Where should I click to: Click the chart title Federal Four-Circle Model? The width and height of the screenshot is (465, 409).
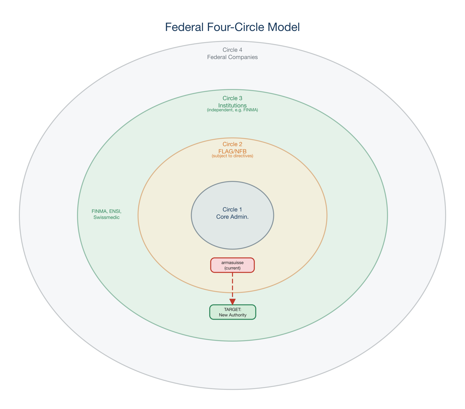pyautogui.click(x=232, y=27)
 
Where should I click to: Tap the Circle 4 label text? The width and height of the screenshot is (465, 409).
pyautogui.click(x=232, y=50)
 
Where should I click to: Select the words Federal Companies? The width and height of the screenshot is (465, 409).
pyautogui.click(x=232, y=57)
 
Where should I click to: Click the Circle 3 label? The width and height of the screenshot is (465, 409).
pyautogui.click(x=232, y=98)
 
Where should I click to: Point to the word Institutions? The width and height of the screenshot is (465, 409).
pyautogui.click(x=232, y=105)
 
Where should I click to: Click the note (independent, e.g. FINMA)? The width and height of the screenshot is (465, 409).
pyautogui.click(x=232, y=110)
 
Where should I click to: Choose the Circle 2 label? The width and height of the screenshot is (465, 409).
pyautogui.click(x=232, y=144)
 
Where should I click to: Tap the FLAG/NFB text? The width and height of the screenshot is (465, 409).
pyautogui.click(x=232, y=151)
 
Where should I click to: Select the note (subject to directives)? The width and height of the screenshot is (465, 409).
pyautogui.click(x=232, y=156)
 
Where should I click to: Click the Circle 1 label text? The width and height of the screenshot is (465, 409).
pyautogui.click(x=232, y=210)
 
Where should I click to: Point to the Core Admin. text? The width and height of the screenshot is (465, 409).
pyautogui.click(x=232, y=217)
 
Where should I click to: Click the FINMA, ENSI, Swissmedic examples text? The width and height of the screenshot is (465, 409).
pyautogui.click(x=106, y=214)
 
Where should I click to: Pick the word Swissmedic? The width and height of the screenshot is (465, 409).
pyautogui.click(x=106, y=217)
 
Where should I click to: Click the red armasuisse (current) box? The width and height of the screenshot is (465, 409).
pyautogui.click(x=232, y=265)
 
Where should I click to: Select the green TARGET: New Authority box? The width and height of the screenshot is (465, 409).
pyautogui.click(x=232, y=312)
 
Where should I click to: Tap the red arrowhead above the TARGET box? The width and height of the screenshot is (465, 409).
pyautogui.click(x=232, y=301)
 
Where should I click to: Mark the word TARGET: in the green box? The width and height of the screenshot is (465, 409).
pyautogui.click(x=233, y=309)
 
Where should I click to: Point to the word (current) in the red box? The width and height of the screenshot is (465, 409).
pyautogui.click(x=232, y=268)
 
